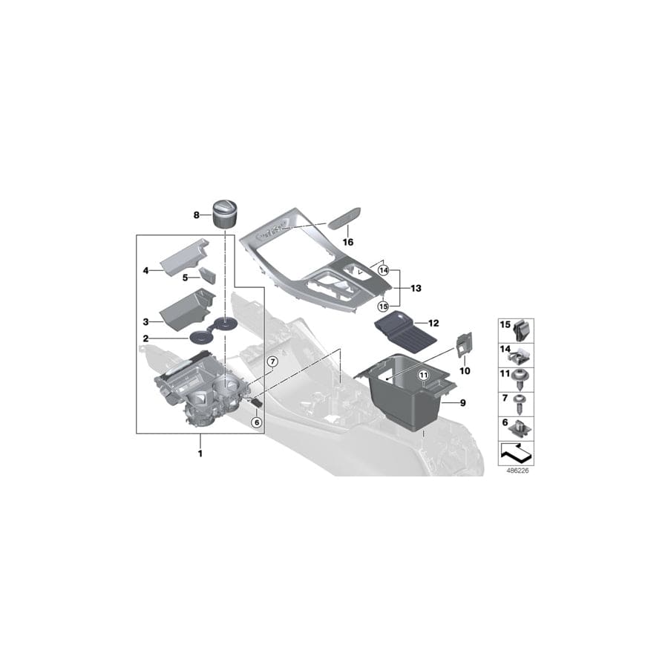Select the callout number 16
pos(348,242)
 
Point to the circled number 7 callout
pos(272,361)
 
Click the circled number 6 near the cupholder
pos(257,422)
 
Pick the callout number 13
pos(415,287)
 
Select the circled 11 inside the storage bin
pos(424,376)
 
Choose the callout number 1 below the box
pos(200,452)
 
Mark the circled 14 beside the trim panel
pos(383,271)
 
